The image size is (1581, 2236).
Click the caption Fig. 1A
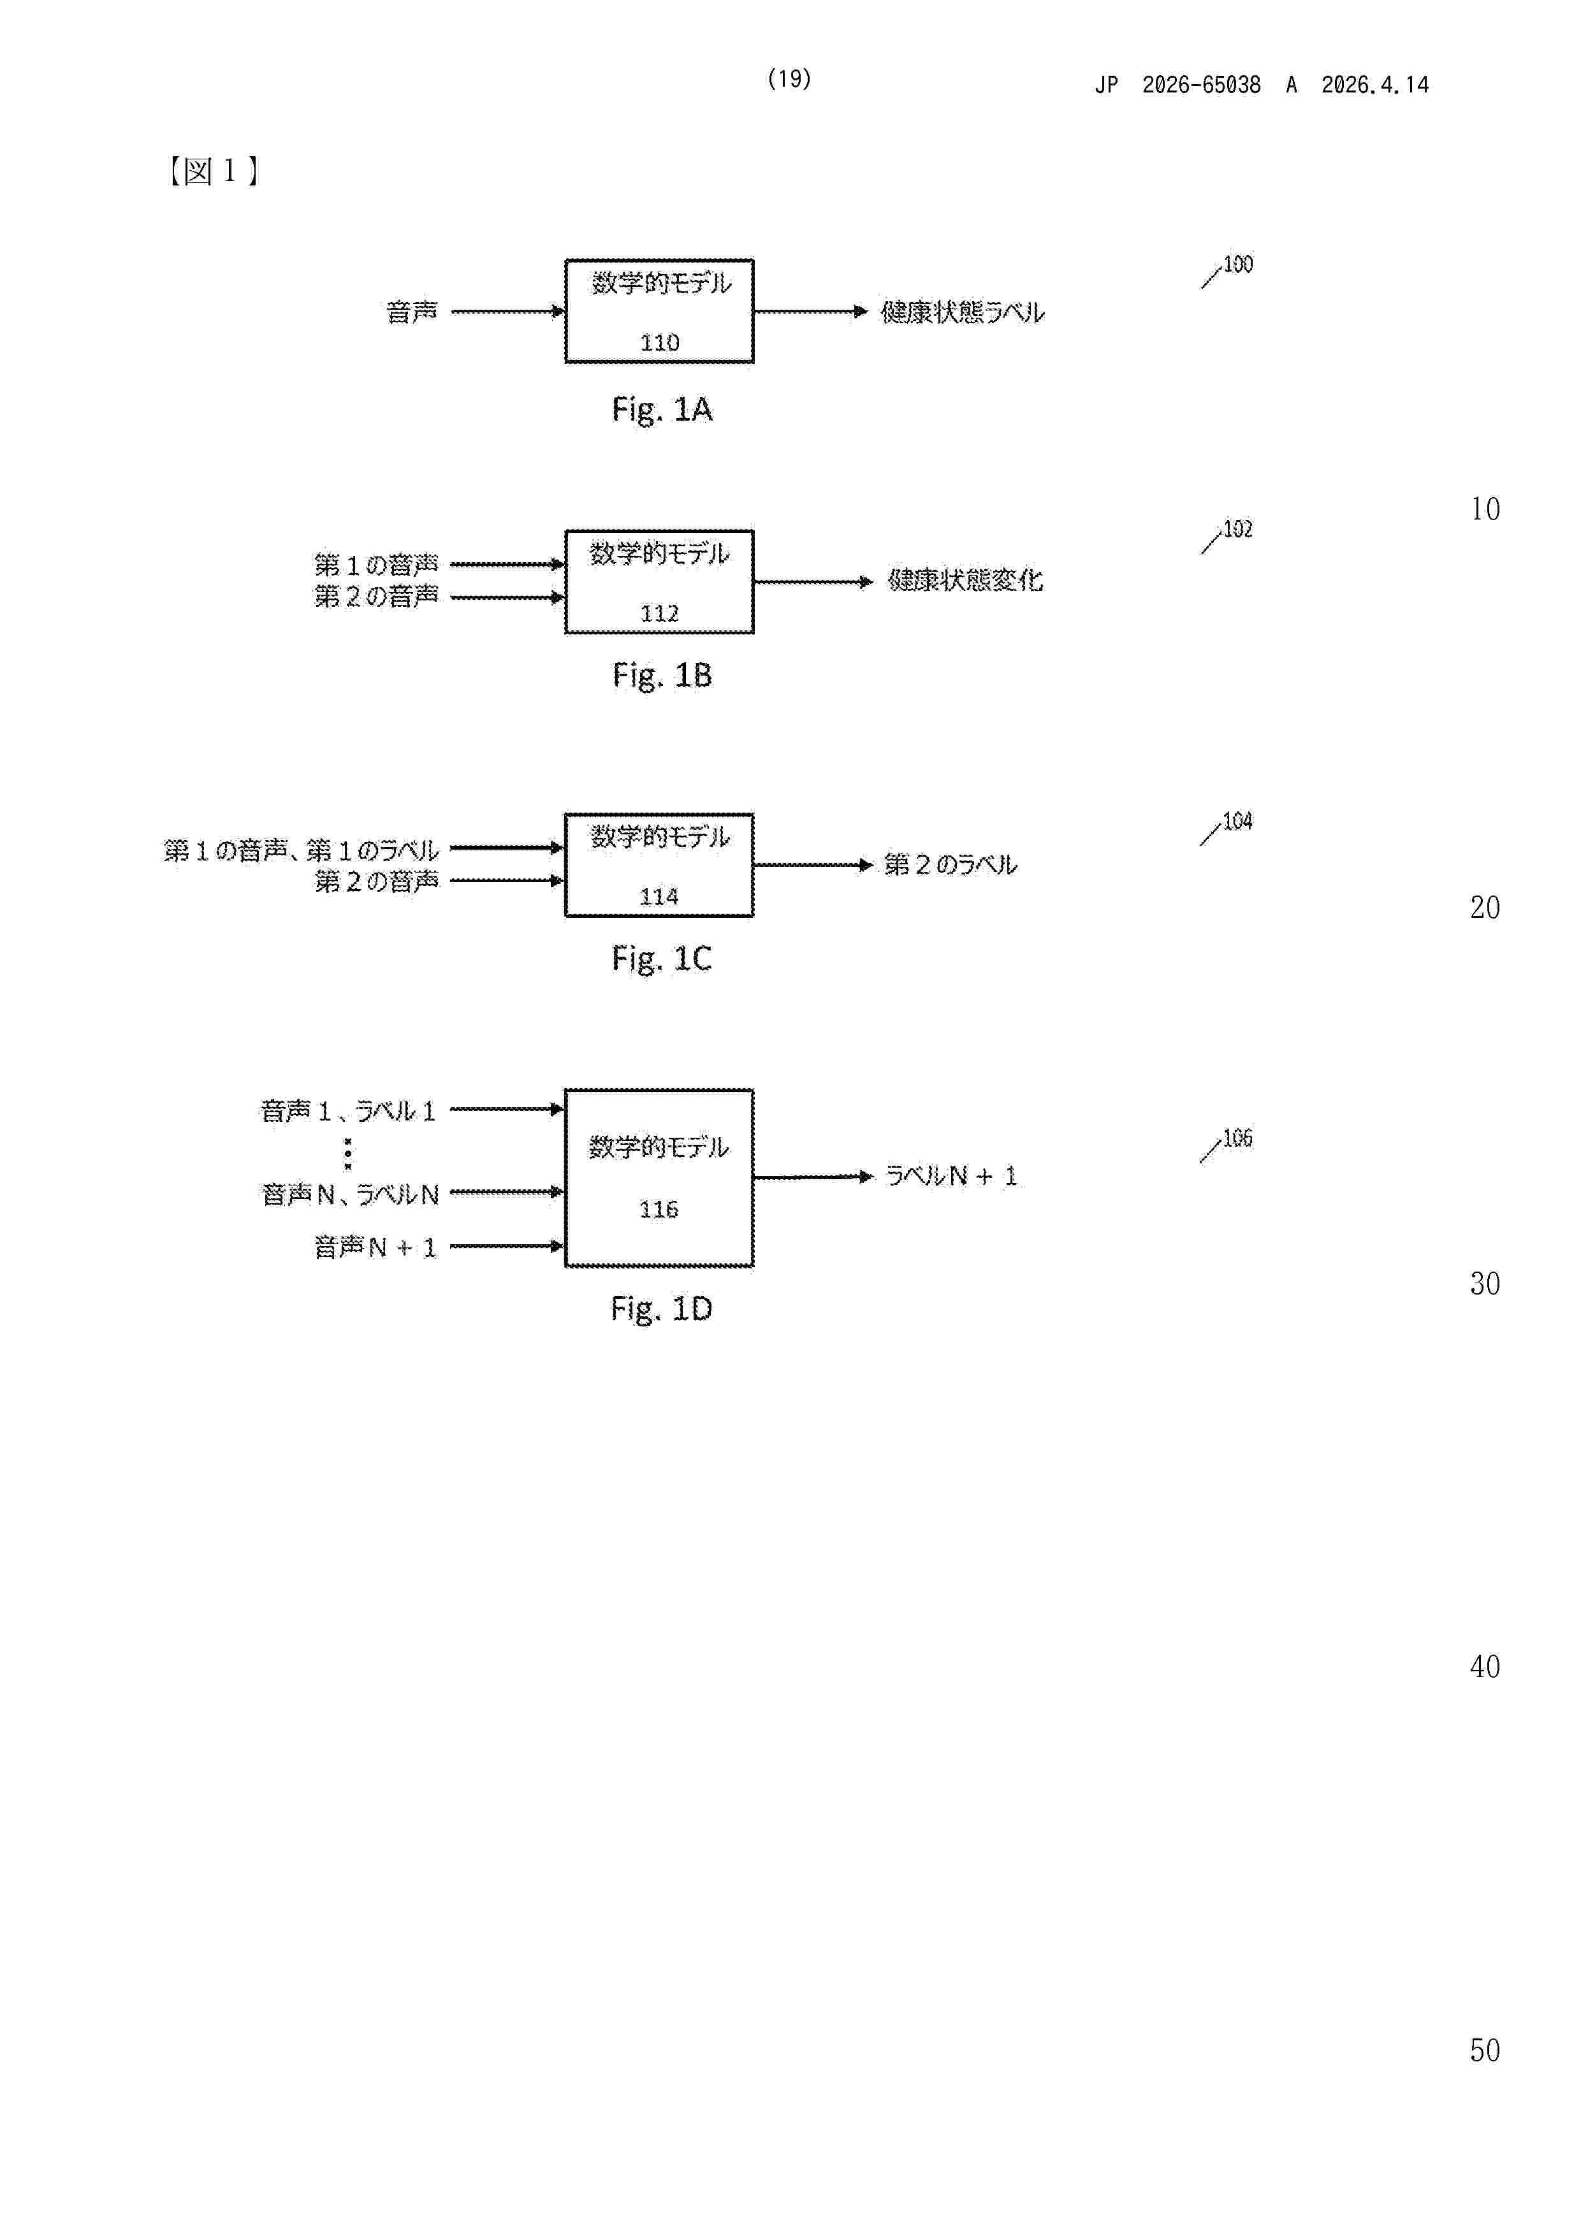(662, 410)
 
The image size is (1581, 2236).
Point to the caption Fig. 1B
(662, 675)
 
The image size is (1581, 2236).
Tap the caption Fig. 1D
(662, 1309)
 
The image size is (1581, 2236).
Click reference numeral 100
(1237, 264)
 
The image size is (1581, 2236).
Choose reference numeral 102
(1237, 529)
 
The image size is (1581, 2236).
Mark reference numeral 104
(1237, 821)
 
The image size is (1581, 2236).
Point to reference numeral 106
(1237, 1138)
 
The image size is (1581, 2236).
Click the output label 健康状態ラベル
(963, 312)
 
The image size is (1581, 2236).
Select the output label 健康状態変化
(965, 581)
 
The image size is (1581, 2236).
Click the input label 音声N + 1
(375, 1247)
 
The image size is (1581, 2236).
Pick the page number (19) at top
(789, 79)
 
